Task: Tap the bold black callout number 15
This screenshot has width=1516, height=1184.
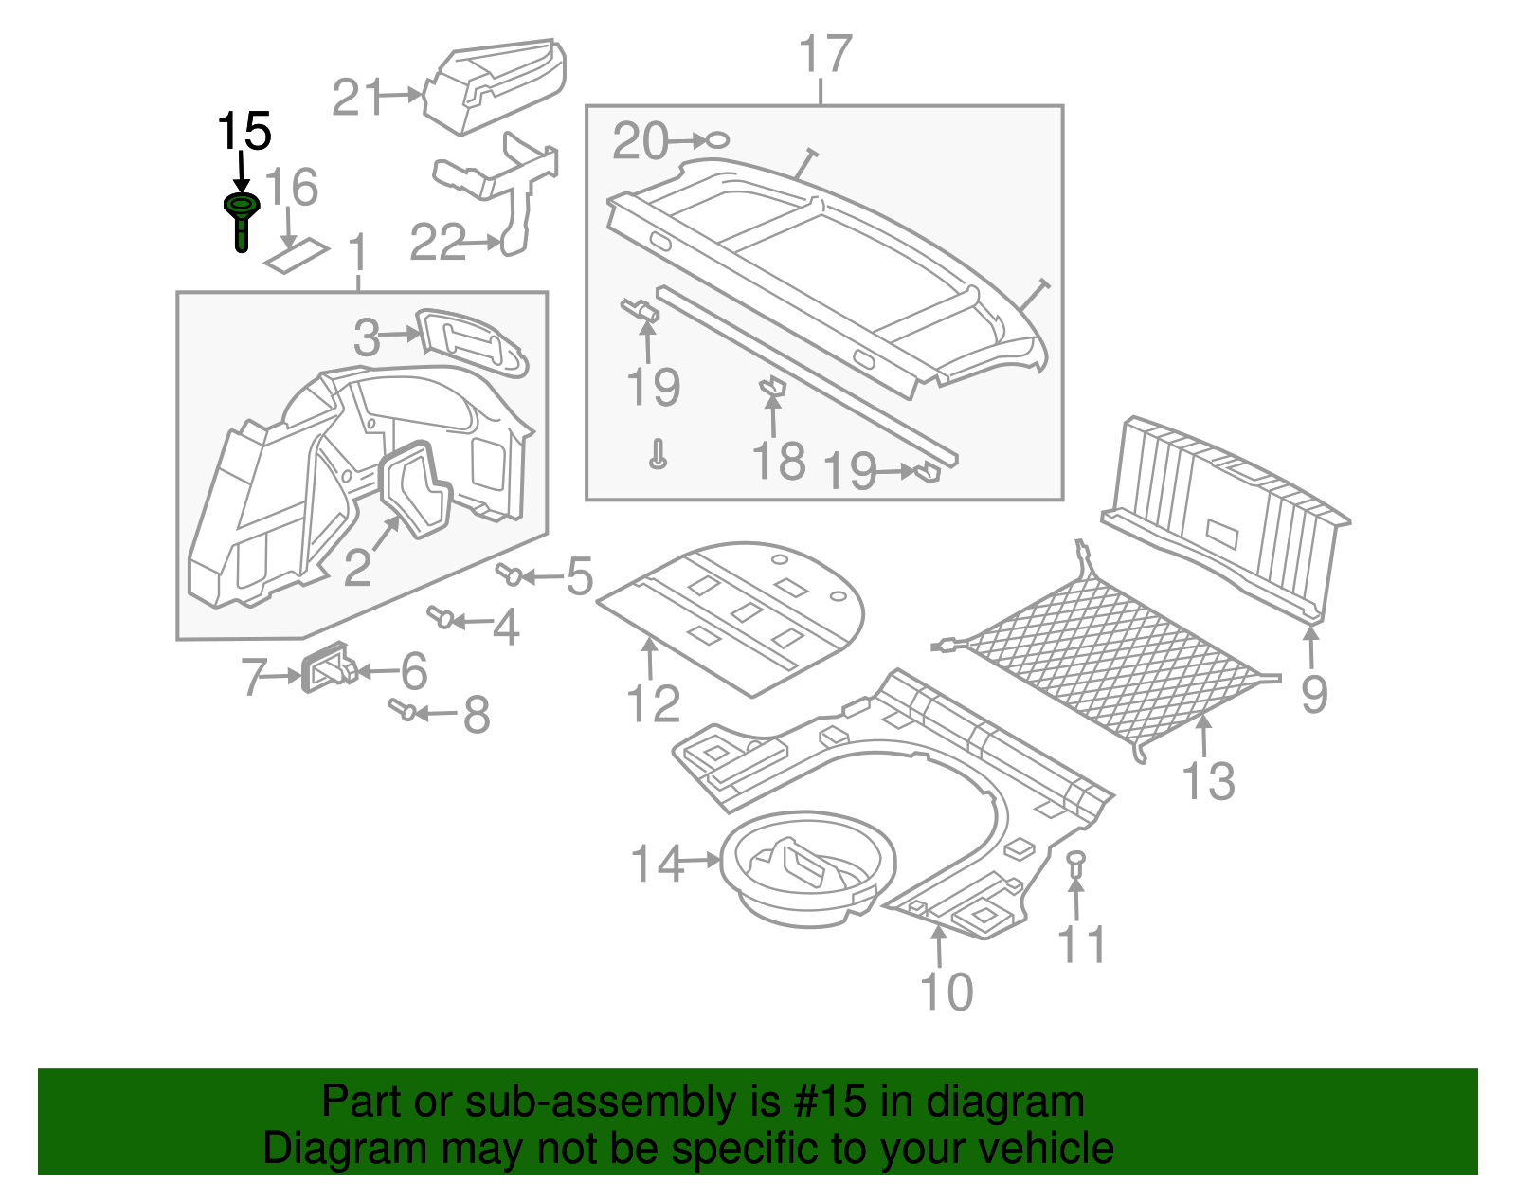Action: (244, 131)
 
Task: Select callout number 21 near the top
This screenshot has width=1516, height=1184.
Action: (357, 98)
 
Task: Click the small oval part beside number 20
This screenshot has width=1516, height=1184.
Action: (718, 140)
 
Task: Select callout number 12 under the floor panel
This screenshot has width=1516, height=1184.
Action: (653, 703)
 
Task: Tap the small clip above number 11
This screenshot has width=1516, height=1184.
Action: (1075, 863)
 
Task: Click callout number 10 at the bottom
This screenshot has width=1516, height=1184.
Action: (946, 992)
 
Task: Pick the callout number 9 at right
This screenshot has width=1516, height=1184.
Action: (1313, 694)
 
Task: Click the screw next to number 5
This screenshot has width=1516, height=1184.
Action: (510, 574)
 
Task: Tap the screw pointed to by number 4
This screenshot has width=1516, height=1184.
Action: (441, 617)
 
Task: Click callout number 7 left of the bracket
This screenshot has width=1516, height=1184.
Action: (254, 677)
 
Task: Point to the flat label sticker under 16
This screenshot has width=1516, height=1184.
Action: (297, 256)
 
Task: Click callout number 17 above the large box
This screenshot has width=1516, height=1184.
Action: (824, 54)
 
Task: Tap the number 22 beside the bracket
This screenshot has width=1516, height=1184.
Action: (438, 243)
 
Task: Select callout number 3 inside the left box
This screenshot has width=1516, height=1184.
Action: (367, 337)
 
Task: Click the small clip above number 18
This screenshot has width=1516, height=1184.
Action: (773, 386)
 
